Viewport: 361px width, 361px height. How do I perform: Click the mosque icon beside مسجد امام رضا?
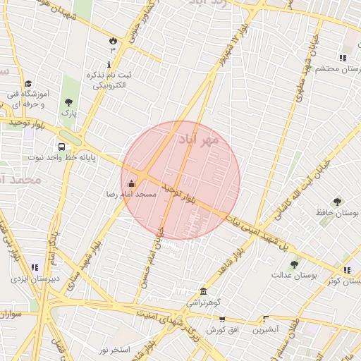(x=131, y=184)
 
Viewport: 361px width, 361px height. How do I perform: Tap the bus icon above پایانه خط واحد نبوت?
(x=62, y=147)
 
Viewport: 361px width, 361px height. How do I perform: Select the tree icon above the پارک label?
(x=68, y=103)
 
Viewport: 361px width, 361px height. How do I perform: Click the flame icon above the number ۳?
(x=112, y=39)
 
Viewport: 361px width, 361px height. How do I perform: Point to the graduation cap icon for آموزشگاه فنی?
(x=29, y=83)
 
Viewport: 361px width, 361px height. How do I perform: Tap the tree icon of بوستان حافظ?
(x=336, y=202)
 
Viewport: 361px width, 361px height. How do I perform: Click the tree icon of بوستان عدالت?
(x=294, y=264)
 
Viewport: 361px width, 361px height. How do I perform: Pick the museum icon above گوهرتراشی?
(x=204, y=292)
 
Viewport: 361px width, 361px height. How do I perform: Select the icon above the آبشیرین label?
(x=267, y=319)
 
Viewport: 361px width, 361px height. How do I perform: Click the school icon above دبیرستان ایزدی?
(x=34, y=268)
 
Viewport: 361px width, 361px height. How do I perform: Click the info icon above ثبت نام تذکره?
(x=109, y=65)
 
